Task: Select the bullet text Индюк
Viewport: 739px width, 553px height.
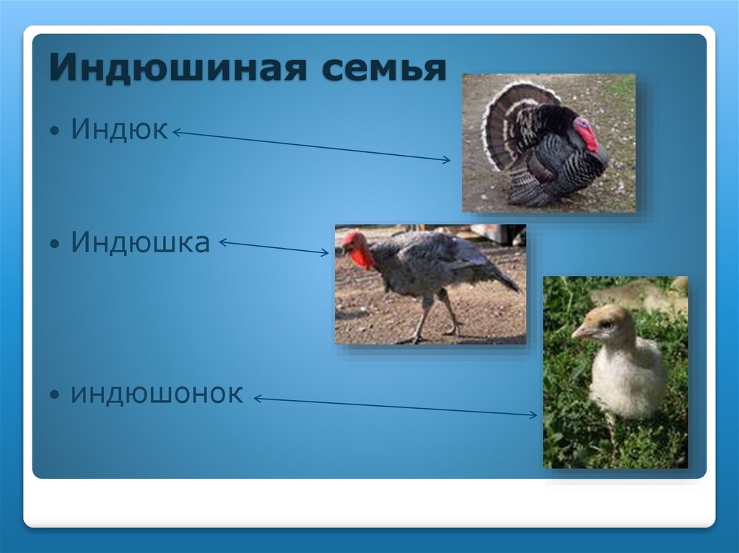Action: click(120, 130)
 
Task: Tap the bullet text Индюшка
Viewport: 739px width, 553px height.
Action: click(140, 242)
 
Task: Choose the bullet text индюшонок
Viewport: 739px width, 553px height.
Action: click(157, 394)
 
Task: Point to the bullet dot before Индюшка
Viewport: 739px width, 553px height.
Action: click(56, 245)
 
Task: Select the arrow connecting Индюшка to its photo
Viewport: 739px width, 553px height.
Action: click(274, 247)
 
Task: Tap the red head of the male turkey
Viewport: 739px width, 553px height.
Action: click(586, 133)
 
